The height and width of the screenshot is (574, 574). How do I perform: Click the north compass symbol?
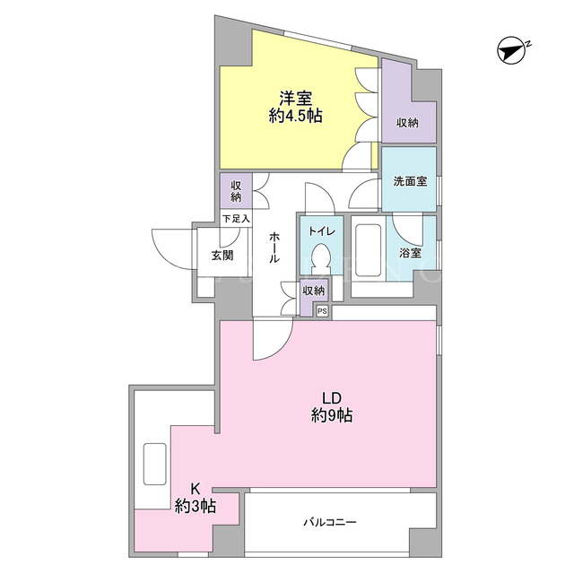coord(512,50)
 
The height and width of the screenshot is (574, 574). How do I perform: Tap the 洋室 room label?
coord(295,99)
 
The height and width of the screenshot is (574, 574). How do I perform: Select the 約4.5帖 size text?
coord(295,116)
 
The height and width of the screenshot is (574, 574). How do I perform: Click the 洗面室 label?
coord(410,181)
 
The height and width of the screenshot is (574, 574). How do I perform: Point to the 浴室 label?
coord(410,253)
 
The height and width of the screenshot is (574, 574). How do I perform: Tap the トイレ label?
coord(321,231)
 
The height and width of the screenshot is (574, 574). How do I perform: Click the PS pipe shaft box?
coord(322,311)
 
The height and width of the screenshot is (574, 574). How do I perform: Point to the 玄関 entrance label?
coord(222,255)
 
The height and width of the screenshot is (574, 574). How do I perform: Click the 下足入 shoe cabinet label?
coord(236,219)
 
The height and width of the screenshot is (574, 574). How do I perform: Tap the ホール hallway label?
coord(274,248)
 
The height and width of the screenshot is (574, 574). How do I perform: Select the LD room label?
coord(332,397)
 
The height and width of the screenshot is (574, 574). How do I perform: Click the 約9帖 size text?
coord(332,415)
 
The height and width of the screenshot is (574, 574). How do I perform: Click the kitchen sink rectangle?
coord(155,464)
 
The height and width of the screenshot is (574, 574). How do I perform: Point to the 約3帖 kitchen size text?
coord(196,506)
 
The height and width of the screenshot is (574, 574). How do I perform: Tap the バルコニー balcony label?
coord(329,522)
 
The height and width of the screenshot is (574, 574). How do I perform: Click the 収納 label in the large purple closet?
coord(407,123)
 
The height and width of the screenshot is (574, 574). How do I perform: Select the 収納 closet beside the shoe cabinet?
coord(236,191)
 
